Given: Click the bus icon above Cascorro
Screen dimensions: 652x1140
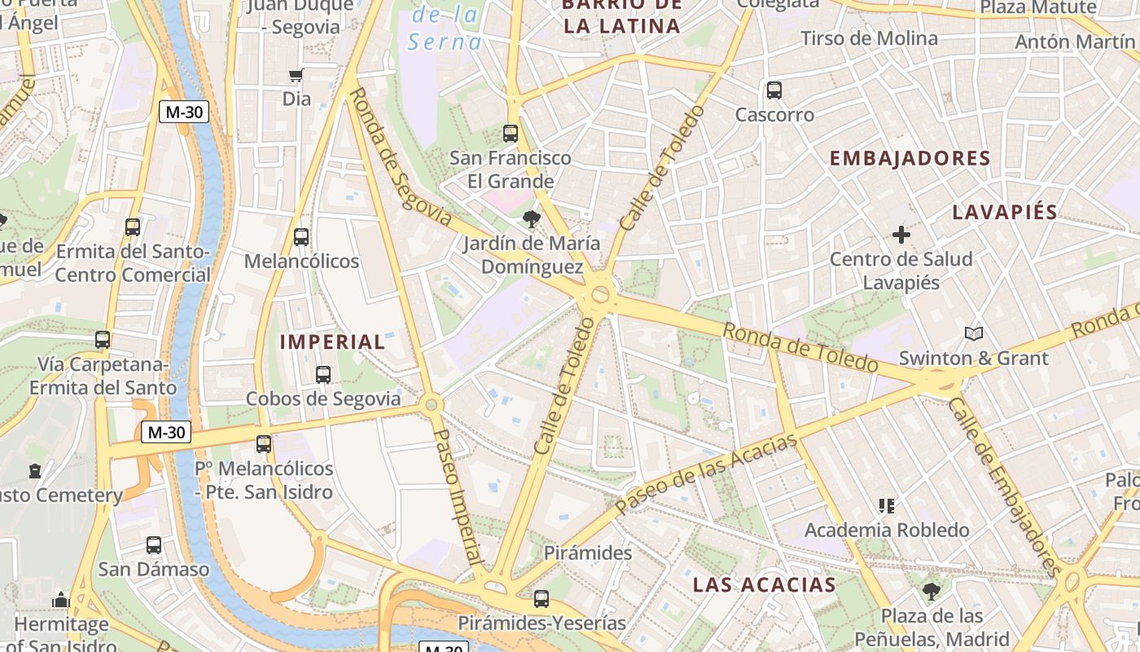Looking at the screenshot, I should point(774,90).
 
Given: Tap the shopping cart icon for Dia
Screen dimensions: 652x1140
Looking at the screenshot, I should point(296,76).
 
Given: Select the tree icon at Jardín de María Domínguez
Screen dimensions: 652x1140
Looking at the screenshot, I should point(532,218).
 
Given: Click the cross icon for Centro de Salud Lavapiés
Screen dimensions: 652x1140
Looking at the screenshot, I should point(901,235).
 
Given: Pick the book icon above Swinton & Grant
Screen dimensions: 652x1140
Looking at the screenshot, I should point(973,333).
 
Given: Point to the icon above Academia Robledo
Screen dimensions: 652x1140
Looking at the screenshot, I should point(887,506).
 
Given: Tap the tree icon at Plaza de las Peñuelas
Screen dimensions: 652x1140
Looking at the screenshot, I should point(932,592).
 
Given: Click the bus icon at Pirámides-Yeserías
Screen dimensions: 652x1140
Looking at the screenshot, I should point(541,599).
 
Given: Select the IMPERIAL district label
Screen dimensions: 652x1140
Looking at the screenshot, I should point(332,342).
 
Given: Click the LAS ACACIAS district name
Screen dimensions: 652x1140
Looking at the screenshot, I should point(764,584).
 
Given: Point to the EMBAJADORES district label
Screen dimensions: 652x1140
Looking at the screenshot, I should point(910,159).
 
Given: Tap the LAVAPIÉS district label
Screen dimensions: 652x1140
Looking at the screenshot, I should point(1005,213).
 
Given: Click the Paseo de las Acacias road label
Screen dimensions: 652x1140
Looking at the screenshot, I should point(705,474).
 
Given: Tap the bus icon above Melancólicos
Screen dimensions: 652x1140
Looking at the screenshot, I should point(300,237).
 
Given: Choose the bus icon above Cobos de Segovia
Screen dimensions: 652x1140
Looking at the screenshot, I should point(323,375).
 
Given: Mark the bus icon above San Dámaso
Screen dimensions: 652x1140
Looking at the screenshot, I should point(153,545).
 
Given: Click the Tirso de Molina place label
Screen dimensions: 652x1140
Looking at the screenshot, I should point(869,38).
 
